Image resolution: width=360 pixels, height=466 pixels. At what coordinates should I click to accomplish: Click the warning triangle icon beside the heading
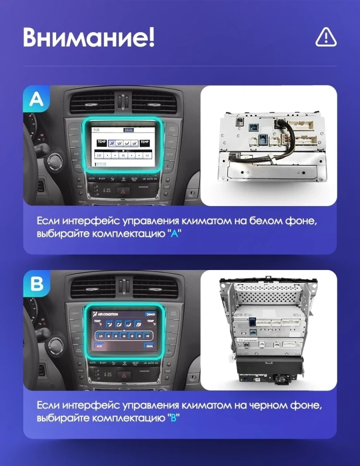[x=326, y=37]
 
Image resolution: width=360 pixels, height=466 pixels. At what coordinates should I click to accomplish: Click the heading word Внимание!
[x=89, y=37]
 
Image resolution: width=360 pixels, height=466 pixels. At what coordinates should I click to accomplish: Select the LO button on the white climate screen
[x=99, y=156]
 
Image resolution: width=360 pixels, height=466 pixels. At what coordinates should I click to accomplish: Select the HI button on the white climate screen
[x=146, y=156]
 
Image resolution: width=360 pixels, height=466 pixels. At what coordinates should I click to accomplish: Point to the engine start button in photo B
[x=57, y=344]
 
